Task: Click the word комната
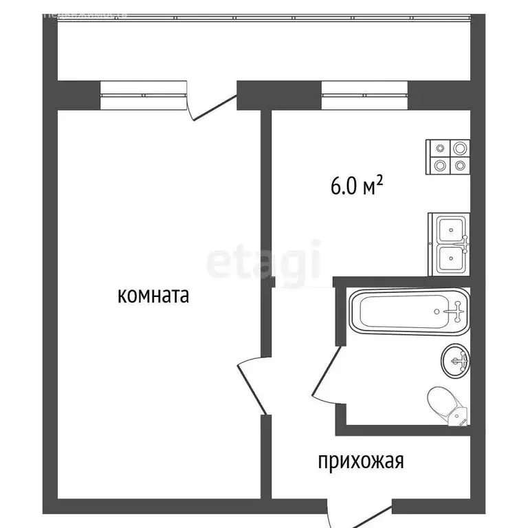pos(153,296)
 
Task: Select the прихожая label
pos(360,461)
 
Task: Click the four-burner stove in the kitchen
pos(448,157)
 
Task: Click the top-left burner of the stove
pos(439,148)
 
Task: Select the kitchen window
pos(364,95)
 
